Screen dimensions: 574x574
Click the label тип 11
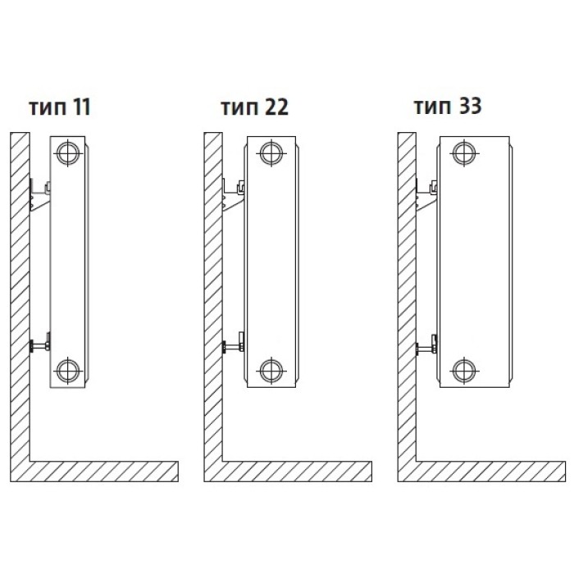click(x=60, y=107)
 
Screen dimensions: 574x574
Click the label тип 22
click(x=255, y=107)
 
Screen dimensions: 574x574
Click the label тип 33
click(x=448, y=106)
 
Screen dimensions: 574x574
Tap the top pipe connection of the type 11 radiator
click(x=68, y=153)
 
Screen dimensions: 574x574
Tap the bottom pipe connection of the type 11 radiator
click(x=68, y=371)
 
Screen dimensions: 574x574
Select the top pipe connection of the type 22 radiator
click(x=271, y=153)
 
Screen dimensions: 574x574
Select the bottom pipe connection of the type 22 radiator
click(x=271, y=371)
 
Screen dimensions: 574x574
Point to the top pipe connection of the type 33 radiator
click(x=464, y=153)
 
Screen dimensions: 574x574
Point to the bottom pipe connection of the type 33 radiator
click(x=464, y=371)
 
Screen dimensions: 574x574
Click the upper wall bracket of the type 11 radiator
click(x=39, y=196)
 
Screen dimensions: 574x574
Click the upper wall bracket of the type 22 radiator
click(x=233, y=196)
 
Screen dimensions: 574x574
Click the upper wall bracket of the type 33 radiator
click(x=426, y=196)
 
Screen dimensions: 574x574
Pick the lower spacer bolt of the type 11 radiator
click(x=39, y=344)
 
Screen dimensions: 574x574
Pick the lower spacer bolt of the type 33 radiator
click(x=426, y=344)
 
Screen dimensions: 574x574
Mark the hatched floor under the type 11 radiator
click(x=103, y=471)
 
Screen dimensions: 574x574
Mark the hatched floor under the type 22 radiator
click(x=297, y=471)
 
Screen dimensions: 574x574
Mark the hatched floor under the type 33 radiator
click(x=490, y=471)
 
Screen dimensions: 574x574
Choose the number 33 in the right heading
click(x=469, y=106)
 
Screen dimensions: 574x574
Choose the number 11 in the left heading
click(x=82, y=107)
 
